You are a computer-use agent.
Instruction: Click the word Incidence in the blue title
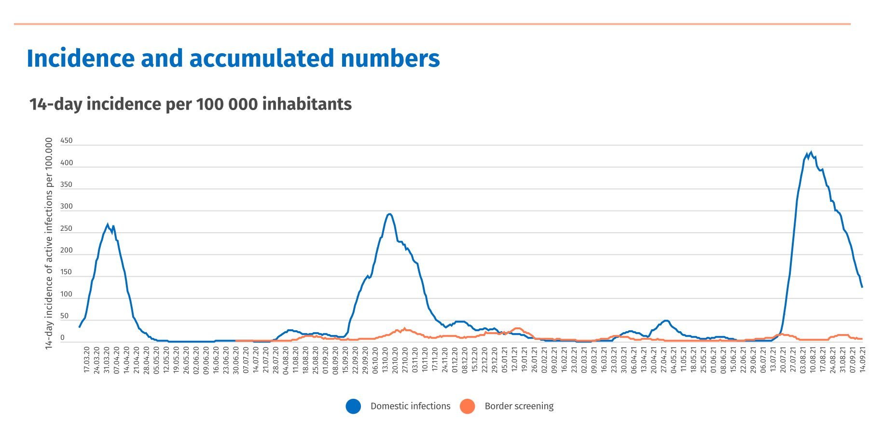(x=80, y=58)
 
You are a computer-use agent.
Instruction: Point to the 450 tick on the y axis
(x=67, y=141)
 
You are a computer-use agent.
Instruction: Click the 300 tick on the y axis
(x=67, y=207)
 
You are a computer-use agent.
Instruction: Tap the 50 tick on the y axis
(x=65, y=316)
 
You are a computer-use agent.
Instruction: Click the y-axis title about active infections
(x=49, y=243)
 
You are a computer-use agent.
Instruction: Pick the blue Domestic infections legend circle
(x=353, y=407)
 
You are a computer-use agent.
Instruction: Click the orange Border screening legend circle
(x=467, y=407)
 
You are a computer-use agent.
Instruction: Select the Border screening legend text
(x=519, y=407)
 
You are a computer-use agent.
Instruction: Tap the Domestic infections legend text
(x=410, y=407)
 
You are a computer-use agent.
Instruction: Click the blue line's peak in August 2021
(x=811, y=153)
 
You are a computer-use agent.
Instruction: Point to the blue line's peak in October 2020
(x=389, y=214)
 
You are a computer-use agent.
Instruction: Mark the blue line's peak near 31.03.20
(x=108, y=225)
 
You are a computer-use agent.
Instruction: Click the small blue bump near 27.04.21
(x=666, y=321)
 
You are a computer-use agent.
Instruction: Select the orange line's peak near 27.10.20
(x=404, y=329)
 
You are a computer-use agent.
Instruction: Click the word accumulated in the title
(x=261, y=58)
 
